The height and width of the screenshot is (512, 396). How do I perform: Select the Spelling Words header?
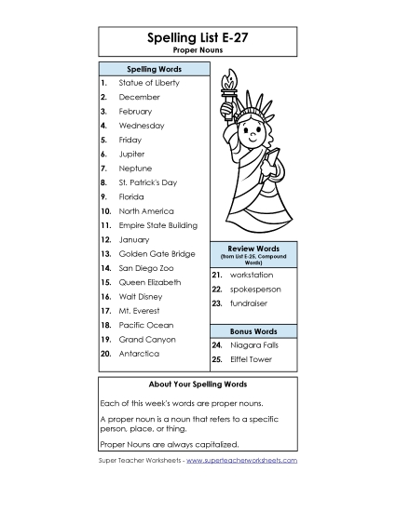pos(154,70)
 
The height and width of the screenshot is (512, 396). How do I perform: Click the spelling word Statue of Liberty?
pos(149,83)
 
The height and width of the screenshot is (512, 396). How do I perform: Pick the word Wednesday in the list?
pos(142,126)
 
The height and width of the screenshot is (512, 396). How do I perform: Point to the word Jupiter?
pos(132,155)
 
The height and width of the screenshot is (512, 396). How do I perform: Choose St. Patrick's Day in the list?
pos(147,183)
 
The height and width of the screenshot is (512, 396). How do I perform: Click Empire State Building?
pos(157,225)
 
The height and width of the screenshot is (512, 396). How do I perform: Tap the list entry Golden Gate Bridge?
pos(157,254)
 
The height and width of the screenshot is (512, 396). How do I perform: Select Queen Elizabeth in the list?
pos(149,282)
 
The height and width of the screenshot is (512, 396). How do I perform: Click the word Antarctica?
pos(139,354)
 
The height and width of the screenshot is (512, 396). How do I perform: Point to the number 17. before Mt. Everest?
pos(105,311)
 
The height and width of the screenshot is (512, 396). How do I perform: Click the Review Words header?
pos(253,249)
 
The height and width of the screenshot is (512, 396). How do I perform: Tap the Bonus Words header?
pos(253,331)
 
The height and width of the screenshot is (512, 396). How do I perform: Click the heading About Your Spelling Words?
pos(197,384)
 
